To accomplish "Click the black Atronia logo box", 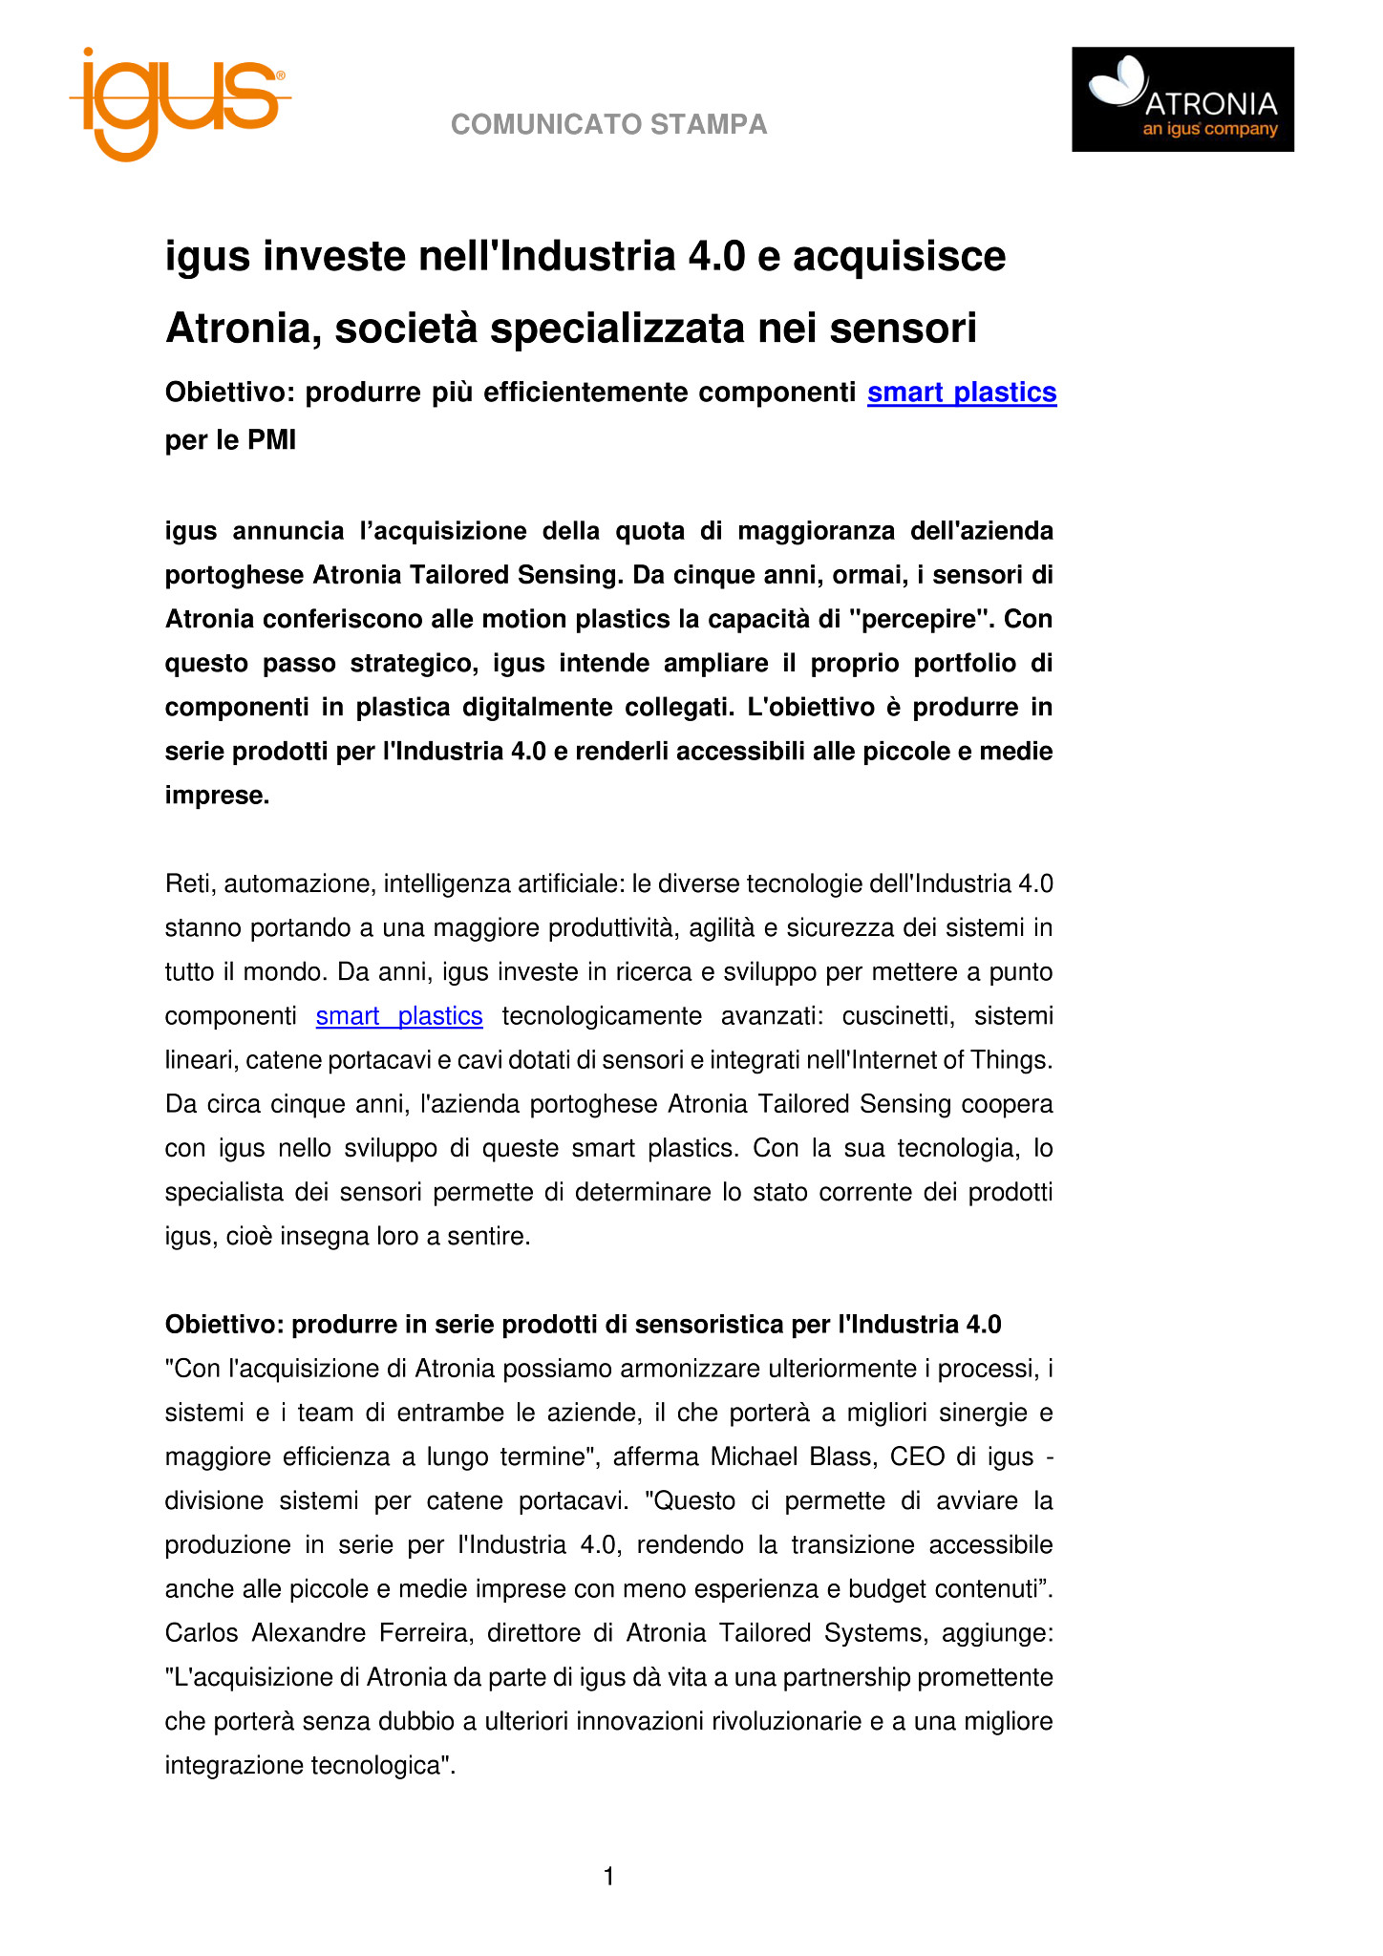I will click(x=1181, y=99).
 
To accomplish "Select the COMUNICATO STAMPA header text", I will click(x=608, y=125).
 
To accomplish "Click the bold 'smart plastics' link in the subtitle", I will click(x=961, y=393).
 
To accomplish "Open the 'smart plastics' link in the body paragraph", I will click(x=399, y=1016).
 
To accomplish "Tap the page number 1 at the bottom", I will click(x=609, y=1877).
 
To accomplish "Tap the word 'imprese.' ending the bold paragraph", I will click(x=218, y=796).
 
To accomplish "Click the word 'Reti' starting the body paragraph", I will click(x=188, y=884).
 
